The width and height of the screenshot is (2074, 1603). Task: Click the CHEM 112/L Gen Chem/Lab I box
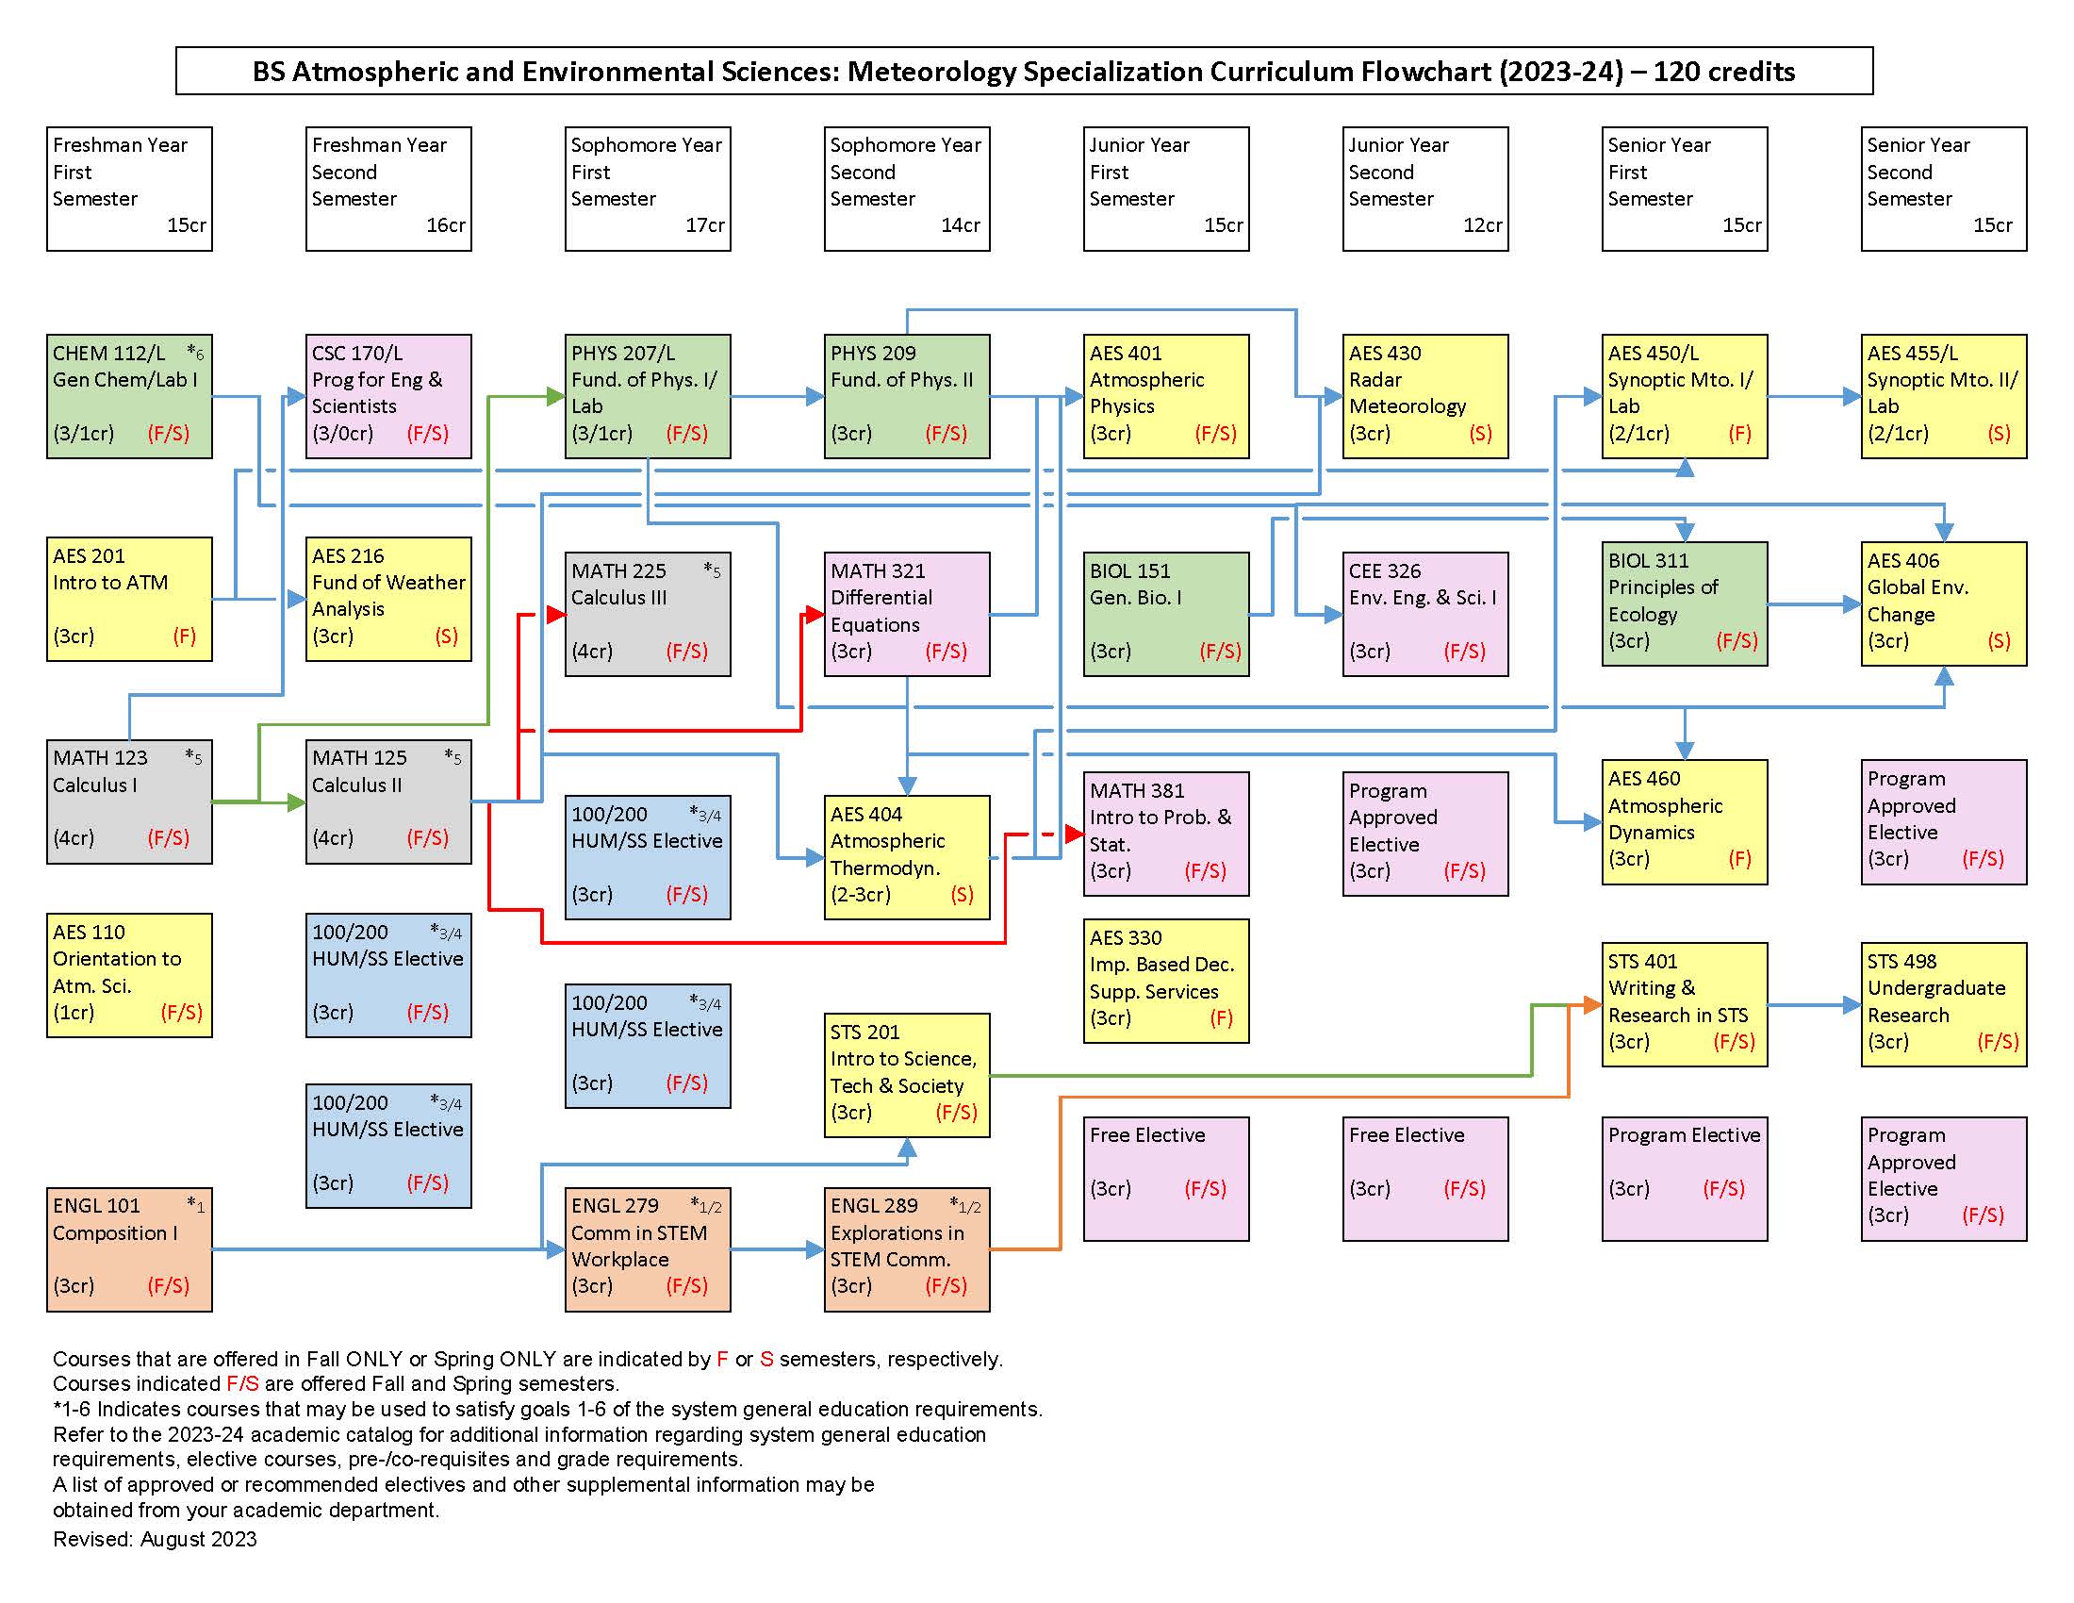click(x=129, y=396)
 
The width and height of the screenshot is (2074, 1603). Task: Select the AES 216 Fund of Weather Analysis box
click(x=388, y=598)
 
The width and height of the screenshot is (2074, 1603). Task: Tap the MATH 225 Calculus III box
click(x=648, y=614)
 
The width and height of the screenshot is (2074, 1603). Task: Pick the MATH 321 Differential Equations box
click(x=907, y=614)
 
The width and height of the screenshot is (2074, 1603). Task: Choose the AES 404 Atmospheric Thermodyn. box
click(x=907, y=856)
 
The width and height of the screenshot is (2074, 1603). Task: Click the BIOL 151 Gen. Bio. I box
click(x=1166, y=614)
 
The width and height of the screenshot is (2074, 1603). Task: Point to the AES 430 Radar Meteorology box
click(x=1425, y=396)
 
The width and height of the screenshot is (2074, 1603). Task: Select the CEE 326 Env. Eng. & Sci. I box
click(x=1425, y=614)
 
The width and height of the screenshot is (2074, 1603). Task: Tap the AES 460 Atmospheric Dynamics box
click(x=1685, y=821)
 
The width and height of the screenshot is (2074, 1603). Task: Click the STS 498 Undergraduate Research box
click(x=1944, y=1004)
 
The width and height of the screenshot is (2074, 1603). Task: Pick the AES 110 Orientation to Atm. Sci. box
click(x=129, y=974)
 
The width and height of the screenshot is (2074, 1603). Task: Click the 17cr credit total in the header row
click(x=704, y=225)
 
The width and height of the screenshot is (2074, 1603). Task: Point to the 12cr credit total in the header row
click(x=1482, y=225)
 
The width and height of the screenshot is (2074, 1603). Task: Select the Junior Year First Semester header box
click(x=1166, y=188)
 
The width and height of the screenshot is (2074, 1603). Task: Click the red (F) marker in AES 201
click(x=184, y=636)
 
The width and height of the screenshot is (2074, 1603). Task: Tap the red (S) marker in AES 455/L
click(x=1999, y=434)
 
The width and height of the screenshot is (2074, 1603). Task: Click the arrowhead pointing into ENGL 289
click(x=815, y=1249)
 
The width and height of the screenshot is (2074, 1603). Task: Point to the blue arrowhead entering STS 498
click(x=1852, y=1004)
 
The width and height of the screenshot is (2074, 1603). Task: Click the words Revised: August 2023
click(x=155, y=1539)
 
